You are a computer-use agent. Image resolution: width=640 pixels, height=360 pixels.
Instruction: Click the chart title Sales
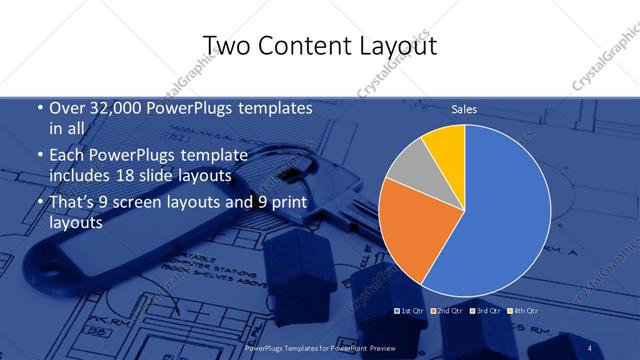(x=464, y=109)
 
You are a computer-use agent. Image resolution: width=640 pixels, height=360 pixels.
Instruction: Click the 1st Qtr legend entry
(x=410, y=310)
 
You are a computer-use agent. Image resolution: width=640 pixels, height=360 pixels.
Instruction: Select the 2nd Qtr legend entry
(x=445, y=310)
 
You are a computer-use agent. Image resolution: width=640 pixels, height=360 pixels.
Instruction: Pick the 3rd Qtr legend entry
(x=483, y=310)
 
